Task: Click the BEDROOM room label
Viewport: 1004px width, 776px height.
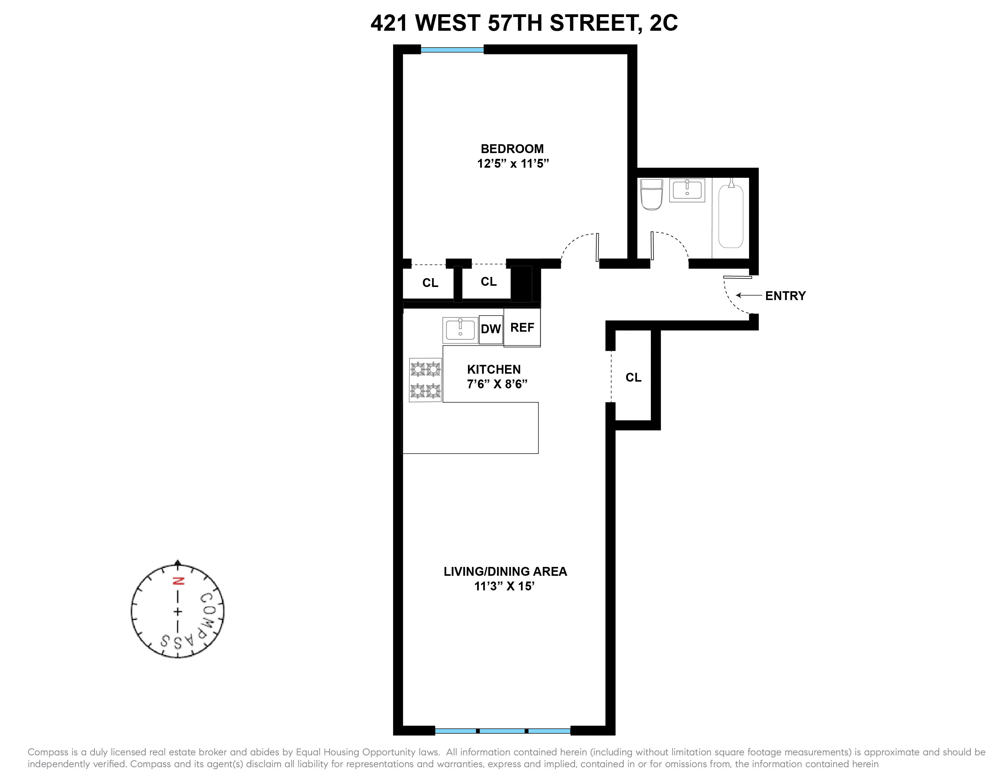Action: point(512,149)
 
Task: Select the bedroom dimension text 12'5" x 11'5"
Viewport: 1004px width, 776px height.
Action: point(513,164)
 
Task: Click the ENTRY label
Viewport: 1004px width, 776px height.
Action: point(785,296)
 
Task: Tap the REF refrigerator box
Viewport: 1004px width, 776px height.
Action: point(522,328)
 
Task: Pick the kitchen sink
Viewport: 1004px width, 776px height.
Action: point(460,330)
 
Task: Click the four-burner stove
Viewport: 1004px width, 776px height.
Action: point(425,380)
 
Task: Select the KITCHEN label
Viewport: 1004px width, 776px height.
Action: point(494,370)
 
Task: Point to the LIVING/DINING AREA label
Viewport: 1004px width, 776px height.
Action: point(505,572)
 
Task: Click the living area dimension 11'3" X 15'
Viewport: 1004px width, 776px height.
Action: point(504,587)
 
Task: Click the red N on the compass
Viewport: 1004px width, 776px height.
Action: point(177,581)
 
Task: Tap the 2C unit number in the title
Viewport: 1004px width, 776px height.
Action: point(663,23)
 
